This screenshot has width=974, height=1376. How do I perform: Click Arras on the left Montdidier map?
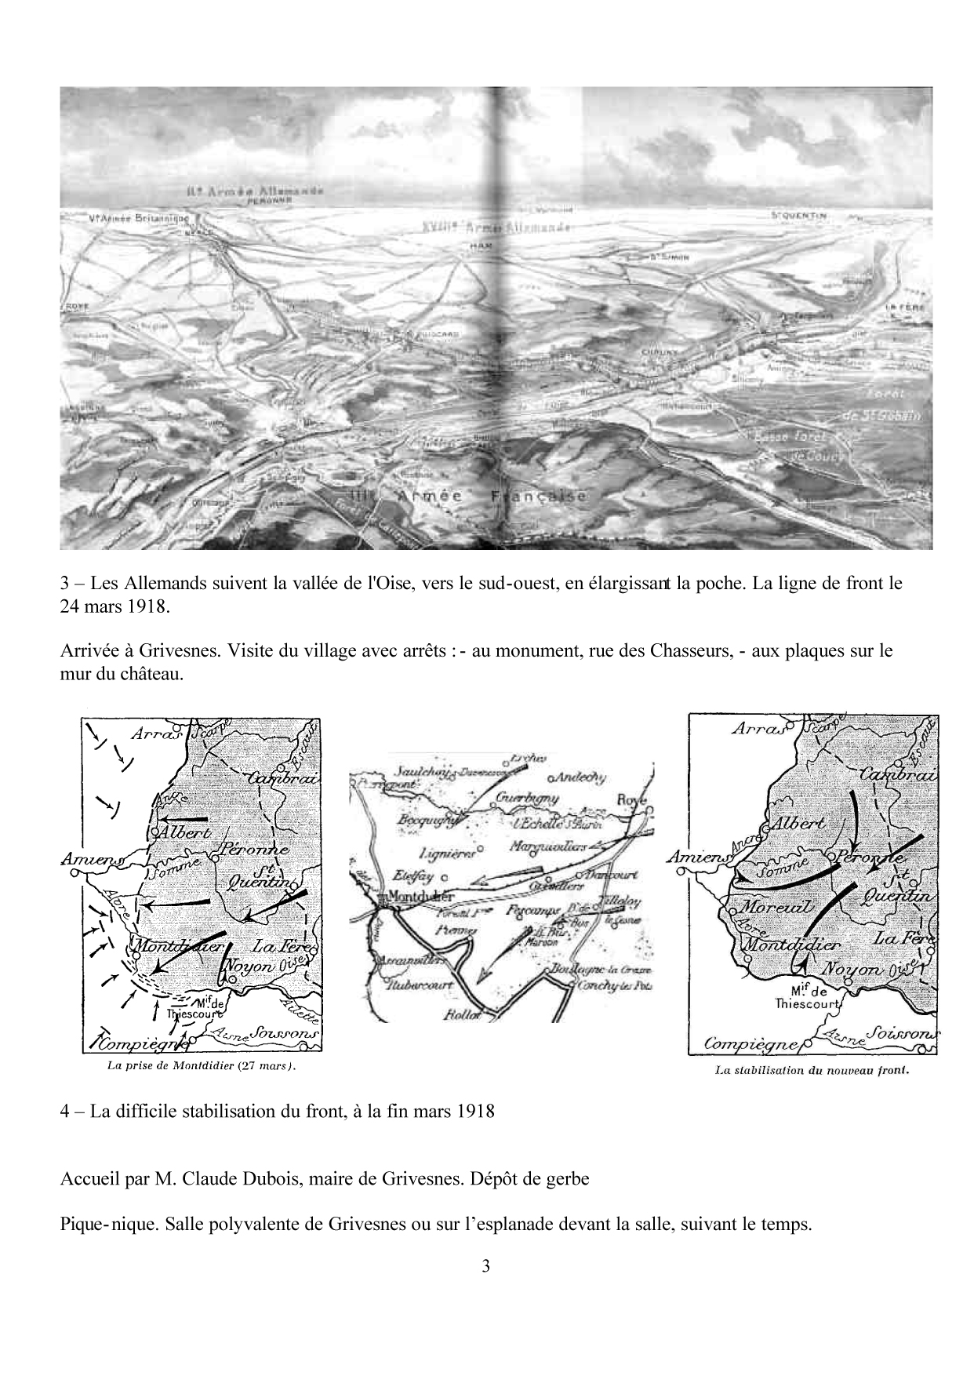pos(157,734)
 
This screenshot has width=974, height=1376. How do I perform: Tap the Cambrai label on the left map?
pos(284,777)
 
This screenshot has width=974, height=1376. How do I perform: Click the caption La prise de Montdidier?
pos(201,1066)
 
